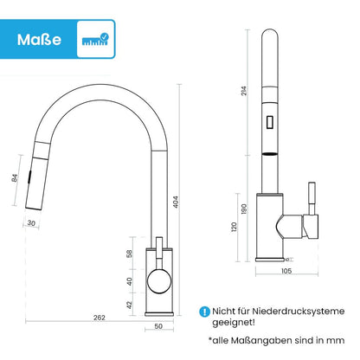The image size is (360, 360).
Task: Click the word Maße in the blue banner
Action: point(39,40)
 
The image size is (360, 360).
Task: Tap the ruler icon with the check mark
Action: point(95,40)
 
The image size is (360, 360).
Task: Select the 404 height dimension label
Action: point(176,202)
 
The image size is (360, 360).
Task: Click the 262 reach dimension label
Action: point(100,318)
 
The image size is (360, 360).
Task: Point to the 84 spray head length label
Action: point(15,178)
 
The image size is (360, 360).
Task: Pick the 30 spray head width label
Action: point(31,223)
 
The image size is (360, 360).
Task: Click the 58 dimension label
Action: point(129,254)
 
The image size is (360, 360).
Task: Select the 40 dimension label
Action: point(129,281)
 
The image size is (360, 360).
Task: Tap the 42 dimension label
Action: point(129,305)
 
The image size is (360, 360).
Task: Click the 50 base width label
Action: point(158,326)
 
